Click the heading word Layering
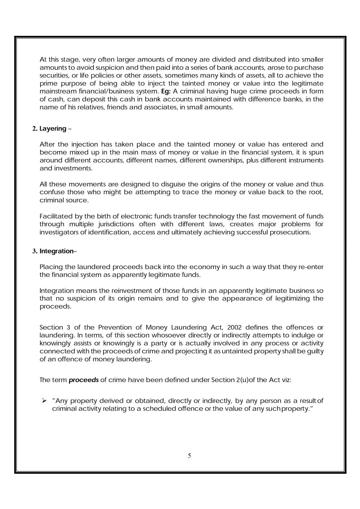(x=53, y=129)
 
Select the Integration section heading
(x=56, y=251)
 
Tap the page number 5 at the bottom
(x=189, y=456)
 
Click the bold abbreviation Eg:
(x=165, y=91)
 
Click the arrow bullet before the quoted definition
(x=43, y=401)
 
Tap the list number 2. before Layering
(x=35, y=129)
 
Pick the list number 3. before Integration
(x=35, y=251)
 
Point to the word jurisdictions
(x=108, y=224)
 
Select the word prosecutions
(x=291, y=232)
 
